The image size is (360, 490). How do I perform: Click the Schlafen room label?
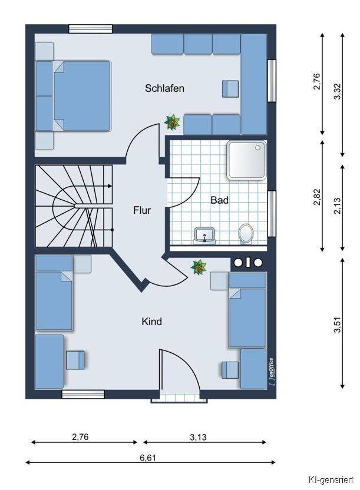pyautogui.click(x=164, y=88)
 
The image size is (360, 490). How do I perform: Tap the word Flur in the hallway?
pyautogui.click(x=142, y=210)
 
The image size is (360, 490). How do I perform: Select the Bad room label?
pyautogui.click(x=219, y=200)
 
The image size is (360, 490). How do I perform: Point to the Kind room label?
pyautogui.click(x=151, y=321)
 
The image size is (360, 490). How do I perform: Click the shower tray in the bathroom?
pyautogui.click(x=246, y=161)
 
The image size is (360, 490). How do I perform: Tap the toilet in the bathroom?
pyautogui.click(x=246, y=233)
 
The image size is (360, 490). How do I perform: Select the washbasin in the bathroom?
pyautogui.click(x=204, y=236)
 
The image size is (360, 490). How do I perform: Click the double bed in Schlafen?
pyautogui.click(x=82, y=96)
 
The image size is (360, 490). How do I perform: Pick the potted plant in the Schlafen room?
pyautogui.click(x=172, y=122)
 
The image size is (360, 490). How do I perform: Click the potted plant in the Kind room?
pyautogui.click(x=199, y=267)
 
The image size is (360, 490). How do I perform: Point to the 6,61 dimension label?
pyautogui.click(x=148, y=458)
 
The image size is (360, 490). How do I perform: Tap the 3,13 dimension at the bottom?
pyautogui.click(x=198, y=437)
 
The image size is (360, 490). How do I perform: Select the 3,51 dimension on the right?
pyautogui.click(x=338, y=325)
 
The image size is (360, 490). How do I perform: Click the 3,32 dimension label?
pyautogui.click(x=338, y=91)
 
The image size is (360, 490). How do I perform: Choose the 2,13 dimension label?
pyautogui.click(x=338, y=206)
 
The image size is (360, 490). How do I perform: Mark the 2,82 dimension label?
pyautogui.click(x=317, y=197)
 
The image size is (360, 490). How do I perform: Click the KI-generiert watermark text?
pyautogui.click(x=331, y=479)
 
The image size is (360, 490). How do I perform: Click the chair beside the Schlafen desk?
pyautogui.click(x=230, y=89)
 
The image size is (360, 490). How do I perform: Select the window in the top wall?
pyautogui.click(x=90, y=29)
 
